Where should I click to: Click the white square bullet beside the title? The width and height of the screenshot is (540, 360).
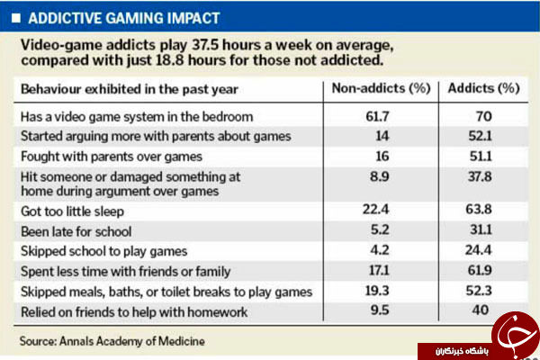click(16, 18)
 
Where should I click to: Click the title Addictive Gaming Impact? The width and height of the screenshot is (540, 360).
click(124, 18)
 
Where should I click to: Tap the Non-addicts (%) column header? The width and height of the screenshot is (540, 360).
click(381, 88)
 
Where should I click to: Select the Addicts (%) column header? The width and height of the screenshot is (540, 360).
click(483, 88)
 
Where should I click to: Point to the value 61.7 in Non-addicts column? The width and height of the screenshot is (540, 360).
click(377, 116)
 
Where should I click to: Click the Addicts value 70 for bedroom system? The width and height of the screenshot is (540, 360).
click(483, 116)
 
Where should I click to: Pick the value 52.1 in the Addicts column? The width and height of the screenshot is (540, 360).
click(480, 136)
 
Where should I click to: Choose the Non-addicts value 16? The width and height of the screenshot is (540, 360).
click(382, 157)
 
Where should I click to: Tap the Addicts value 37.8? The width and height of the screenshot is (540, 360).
click(480, 176)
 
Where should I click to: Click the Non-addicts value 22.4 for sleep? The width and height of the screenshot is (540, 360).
click(375, 209)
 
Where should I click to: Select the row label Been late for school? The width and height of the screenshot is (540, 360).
click(76, 231)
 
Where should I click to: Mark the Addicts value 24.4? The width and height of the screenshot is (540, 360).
click(479, 250)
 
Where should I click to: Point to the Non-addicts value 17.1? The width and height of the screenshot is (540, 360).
click(379, 270)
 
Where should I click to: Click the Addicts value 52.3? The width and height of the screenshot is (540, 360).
click(479, 291)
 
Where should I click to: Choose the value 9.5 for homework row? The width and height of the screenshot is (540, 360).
click(380, 310)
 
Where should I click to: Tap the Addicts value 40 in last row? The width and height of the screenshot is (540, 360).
click(480, 310)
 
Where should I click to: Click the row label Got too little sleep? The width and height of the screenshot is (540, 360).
click(72, 211)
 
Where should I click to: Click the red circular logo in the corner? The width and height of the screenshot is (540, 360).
click(515, 335)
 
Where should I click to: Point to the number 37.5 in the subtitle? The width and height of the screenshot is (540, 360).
click(205, 45)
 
